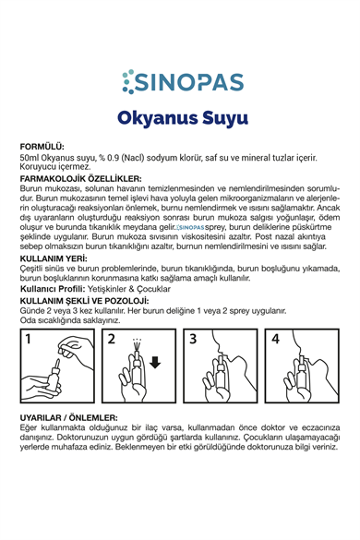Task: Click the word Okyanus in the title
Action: pos(153,119)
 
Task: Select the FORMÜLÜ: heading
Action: pos(42,147)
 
